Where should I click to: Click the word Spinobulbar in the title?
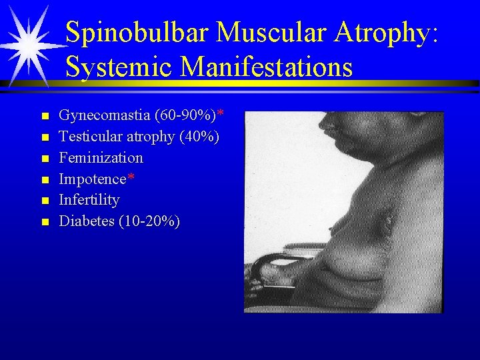137,33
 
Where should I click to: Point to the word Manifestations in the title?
267,67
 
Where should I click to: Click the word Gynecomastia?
104,116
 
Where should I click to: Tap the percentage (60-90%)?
185,116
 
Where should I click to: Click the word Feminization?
101,158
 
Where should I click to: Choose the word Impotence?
93,179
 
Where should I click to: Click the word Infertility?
89,199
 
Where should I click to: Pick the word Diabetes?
87,221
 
